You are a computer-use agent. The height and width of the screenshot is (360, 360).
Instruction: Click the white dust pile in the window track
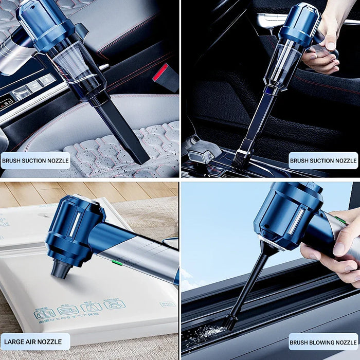pos(205,334)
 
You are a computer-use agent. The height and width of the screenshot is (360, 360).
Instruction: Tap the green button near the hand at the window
pos(340,220)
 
